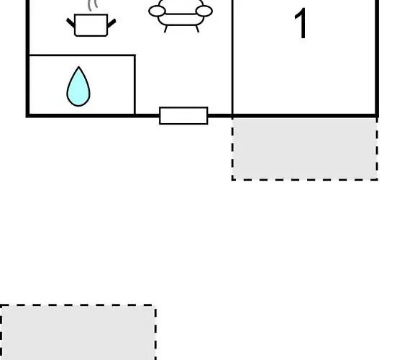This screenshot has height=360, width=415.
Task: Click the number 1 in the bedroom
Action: pos(301,23)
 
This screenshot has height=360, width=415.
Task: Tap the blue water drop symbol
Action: pos(78,86)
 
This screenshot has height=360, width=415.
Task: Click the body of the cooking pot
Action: pos(91,25)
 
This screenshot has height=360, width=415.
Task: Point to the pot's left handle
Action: pos(70,23)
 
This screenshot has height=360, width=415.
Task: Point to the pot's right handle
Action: pos(111,23)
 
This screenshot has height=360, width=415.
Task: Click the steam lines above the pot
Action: pos(93,5)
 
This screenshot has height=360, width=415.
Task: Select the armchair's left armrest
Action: pos(158,11)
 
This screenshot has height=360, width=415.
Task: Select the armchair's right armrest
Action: pos(204,11)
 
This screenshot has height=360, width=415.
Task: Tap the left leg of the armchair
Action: pos(165,29)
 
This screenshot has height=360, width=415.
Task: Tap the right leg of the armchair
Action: pos(197,29)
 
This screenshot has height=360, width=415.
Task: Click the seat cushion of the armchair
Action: pos(181,19)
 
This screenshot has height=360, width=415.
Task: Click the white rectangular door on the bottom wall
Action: pos(183,115)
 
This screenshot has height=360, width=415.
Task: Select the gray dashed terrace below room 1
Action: pos(305,149)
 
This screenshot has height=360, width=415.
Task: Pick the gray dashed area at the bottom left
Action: pos(78,332)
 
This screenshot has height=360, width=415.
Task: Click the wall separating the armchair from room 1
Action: pos(232,57)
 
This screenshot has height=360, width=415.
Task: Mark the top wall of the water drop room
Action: pos(82,55)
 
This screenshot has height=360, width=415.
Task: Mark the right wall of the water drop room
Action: pos(134,85)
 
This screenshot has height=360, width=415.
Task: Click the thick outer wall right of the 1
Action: pos(377,58)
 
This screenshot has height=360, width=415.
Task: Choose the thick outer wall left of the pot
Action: pos(27,58)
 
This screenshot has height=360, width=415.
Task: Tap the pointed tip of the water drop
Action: pos(78,67)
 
